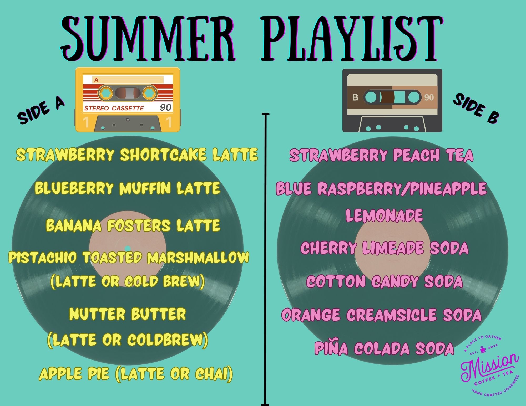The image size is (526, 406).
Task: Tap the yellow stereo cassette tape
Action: coord(128,99)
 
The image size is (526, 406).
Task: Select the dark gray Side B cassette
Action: coord(392,100)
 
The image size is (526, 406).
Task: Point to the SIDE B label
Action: coord(476,108)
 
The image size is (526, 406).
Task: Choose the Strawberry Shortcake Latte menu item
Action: coord(137,155)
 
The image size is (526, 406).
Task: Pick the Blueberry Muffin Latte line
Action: coord(128,188)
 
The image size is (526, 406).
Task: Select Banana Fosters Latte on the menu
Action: coord(133,225)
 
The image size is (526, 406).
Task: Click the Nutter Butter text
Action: coord(128,314)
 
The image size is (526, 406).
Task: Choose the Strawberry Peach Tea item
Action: coord(381,155)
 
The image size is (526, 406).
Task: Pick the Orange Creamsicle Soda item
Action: coord(381,315)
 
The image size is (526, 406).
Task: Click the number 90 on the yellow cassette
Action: coord(165,107)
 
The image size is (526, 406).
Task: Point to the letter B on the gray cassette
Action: coord(355,97)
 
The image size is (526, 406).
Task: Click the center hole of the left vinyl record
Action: coord(127,248)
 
